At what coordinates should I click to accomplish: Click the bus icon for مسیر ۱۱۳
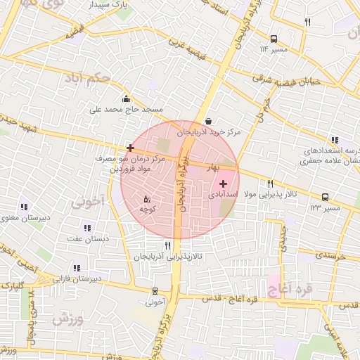click(x=274, y=39)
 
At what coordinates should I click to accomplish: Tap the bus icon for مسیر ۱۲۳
click(x=326, y=198)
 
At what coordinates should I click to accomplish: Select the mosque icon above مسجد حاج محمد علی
click(x=126, y=98)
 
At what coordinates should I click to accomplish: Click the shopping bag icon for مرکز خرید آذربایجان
click(x=209, y=121)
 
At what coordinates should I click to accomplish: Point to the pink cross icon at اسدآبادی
click(x=224, y=183)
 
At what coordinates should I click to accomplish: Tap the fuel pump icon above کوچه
click(x=147, y=199)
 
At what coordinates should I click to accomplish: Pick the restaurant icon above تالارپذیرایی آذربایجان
click(x=167, y=245)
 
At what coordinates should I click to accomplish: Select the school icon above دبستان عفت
click(x=87, y=228)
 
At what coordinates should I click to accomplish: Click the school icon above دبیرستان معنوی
click(x=24, y=207)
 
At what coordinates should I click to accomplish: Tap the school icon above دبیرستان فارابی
click(x=77, y=267)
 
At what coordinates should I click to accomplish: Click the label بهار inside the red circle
click(x=213, y=168)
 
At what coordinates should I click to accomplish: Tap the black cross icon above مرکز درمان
click(x=130, y=148)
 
